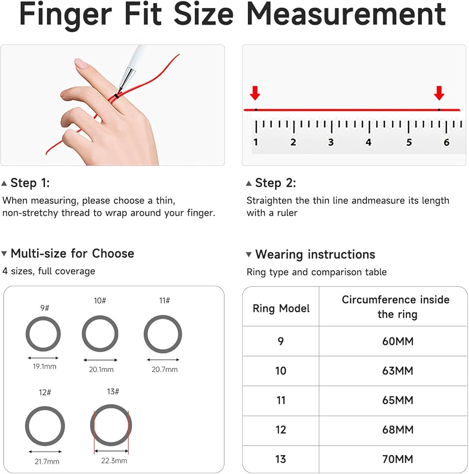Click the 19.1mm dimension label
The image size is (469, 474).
pos(45,367)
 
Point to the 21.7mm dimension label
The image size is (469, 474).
pos(47,462)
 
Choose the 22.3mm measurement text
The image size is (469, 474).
pos(114,461)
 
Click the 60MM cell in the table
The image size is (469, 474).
pos(397,341)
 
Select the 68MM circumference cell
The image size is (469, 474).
pos(397,429)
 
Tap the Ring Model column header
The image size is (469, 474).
pos(281,309)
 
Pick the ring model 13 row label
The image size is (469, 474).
pos(280,459)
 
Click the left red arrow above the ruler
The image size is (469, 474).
pos(255,93)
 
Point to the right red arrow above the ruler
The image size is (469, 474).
pos(439,93)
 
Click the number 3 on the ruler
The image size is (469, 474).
pos(331,142)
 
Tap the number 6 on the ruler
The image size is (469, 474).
pos(446,142)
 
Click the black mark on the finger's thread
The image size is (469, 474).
pos(117,96)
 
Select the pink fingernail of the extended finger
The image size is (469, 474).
pos(81,64)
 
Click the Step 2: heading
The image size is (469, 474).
pos(275,183)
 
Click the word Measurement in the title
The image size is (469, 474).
pos(346,14)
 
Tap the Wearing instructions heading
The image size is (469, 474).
pos(315,255)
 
